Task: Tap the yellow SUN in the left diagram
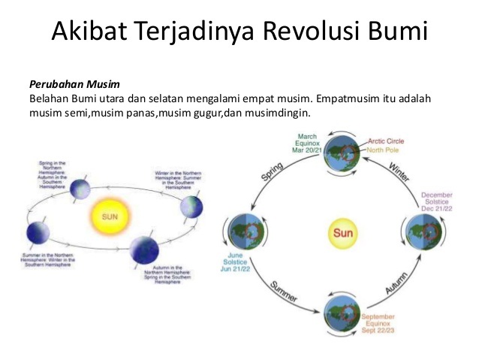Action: pos(105,216)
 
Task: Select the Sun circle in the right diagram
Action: pos(342,233)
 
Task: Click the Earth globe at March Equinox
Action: pos(342,151)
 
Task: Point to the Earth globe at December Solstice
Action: pos(421,231)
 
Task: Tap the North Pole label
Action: pos(385,149)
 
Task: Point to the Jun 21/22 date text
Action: pos(240,268)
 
